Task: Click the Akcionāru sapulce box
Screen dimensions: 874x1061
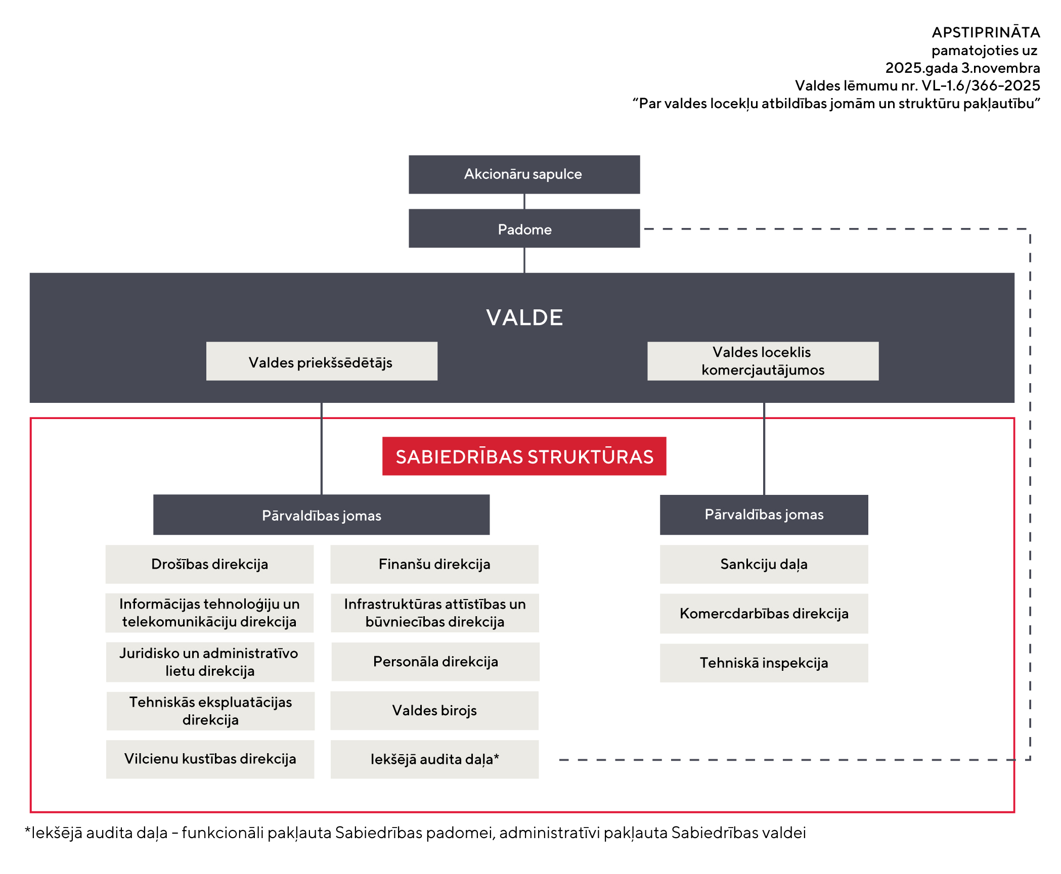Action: [524, 174]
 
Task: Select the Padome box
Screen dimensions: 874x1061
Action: [524, 228]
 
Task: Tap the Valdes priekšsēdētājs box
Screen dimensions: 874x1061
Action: [322, 361]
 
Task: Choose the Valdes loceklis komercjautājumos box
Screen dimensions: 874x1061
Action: [763, 361]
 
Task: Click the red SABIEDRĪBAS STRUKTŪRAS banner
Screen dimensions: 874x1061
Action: [524, 456]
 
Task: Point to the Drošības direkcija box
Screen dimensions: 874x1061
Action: [209, 564]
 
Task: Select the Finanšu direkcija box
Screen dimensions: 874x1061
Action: [434, 564]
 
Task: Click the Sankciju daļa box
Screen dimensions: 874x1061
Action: [764, 564]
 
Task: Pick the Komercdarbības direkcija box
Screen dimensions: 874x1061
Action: [764, 613]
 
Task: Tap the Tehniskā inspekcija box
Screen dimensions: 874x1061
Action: [764, 663]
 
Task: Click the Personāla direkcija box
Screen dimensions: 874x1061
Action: [435, 662]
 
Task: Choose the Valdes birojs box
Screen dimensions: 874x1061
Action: [434, 710]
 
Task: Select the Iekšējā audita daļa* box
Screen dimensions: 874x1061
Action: [434, 759]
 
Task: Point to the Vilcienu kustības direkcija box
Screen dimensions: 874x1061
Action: [210, 759]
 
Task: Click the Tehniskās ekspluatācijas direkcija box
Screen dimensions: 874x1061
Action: [210, 711]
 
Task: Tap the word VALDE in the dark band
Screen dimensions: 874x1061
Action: [524, 317]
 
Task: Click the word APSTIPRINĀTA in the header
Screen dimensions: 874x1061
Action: [986, 32]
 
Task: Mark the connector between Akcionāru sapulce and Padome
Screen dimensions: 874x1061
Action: [524, 201]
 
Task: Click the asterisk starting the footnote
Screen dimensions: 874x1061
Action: [28, 830]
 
